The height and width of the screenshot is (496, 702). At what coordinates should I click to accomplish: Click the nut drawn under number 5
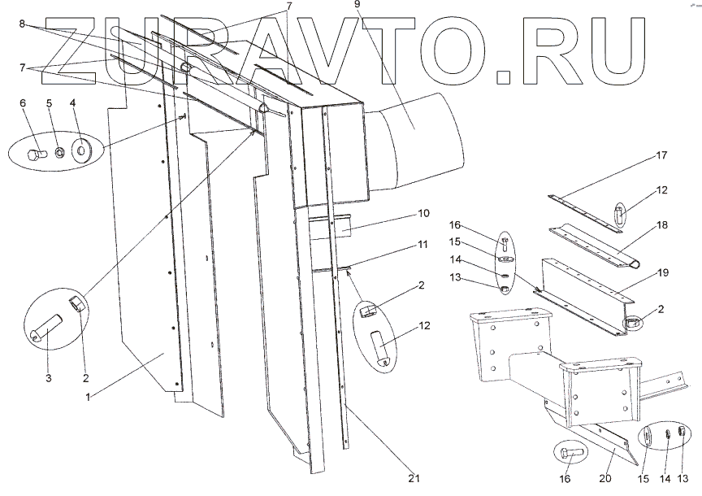pos(59,152)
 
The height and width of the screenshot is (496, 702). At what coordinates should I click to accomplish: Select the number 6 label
pos(23,103)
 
